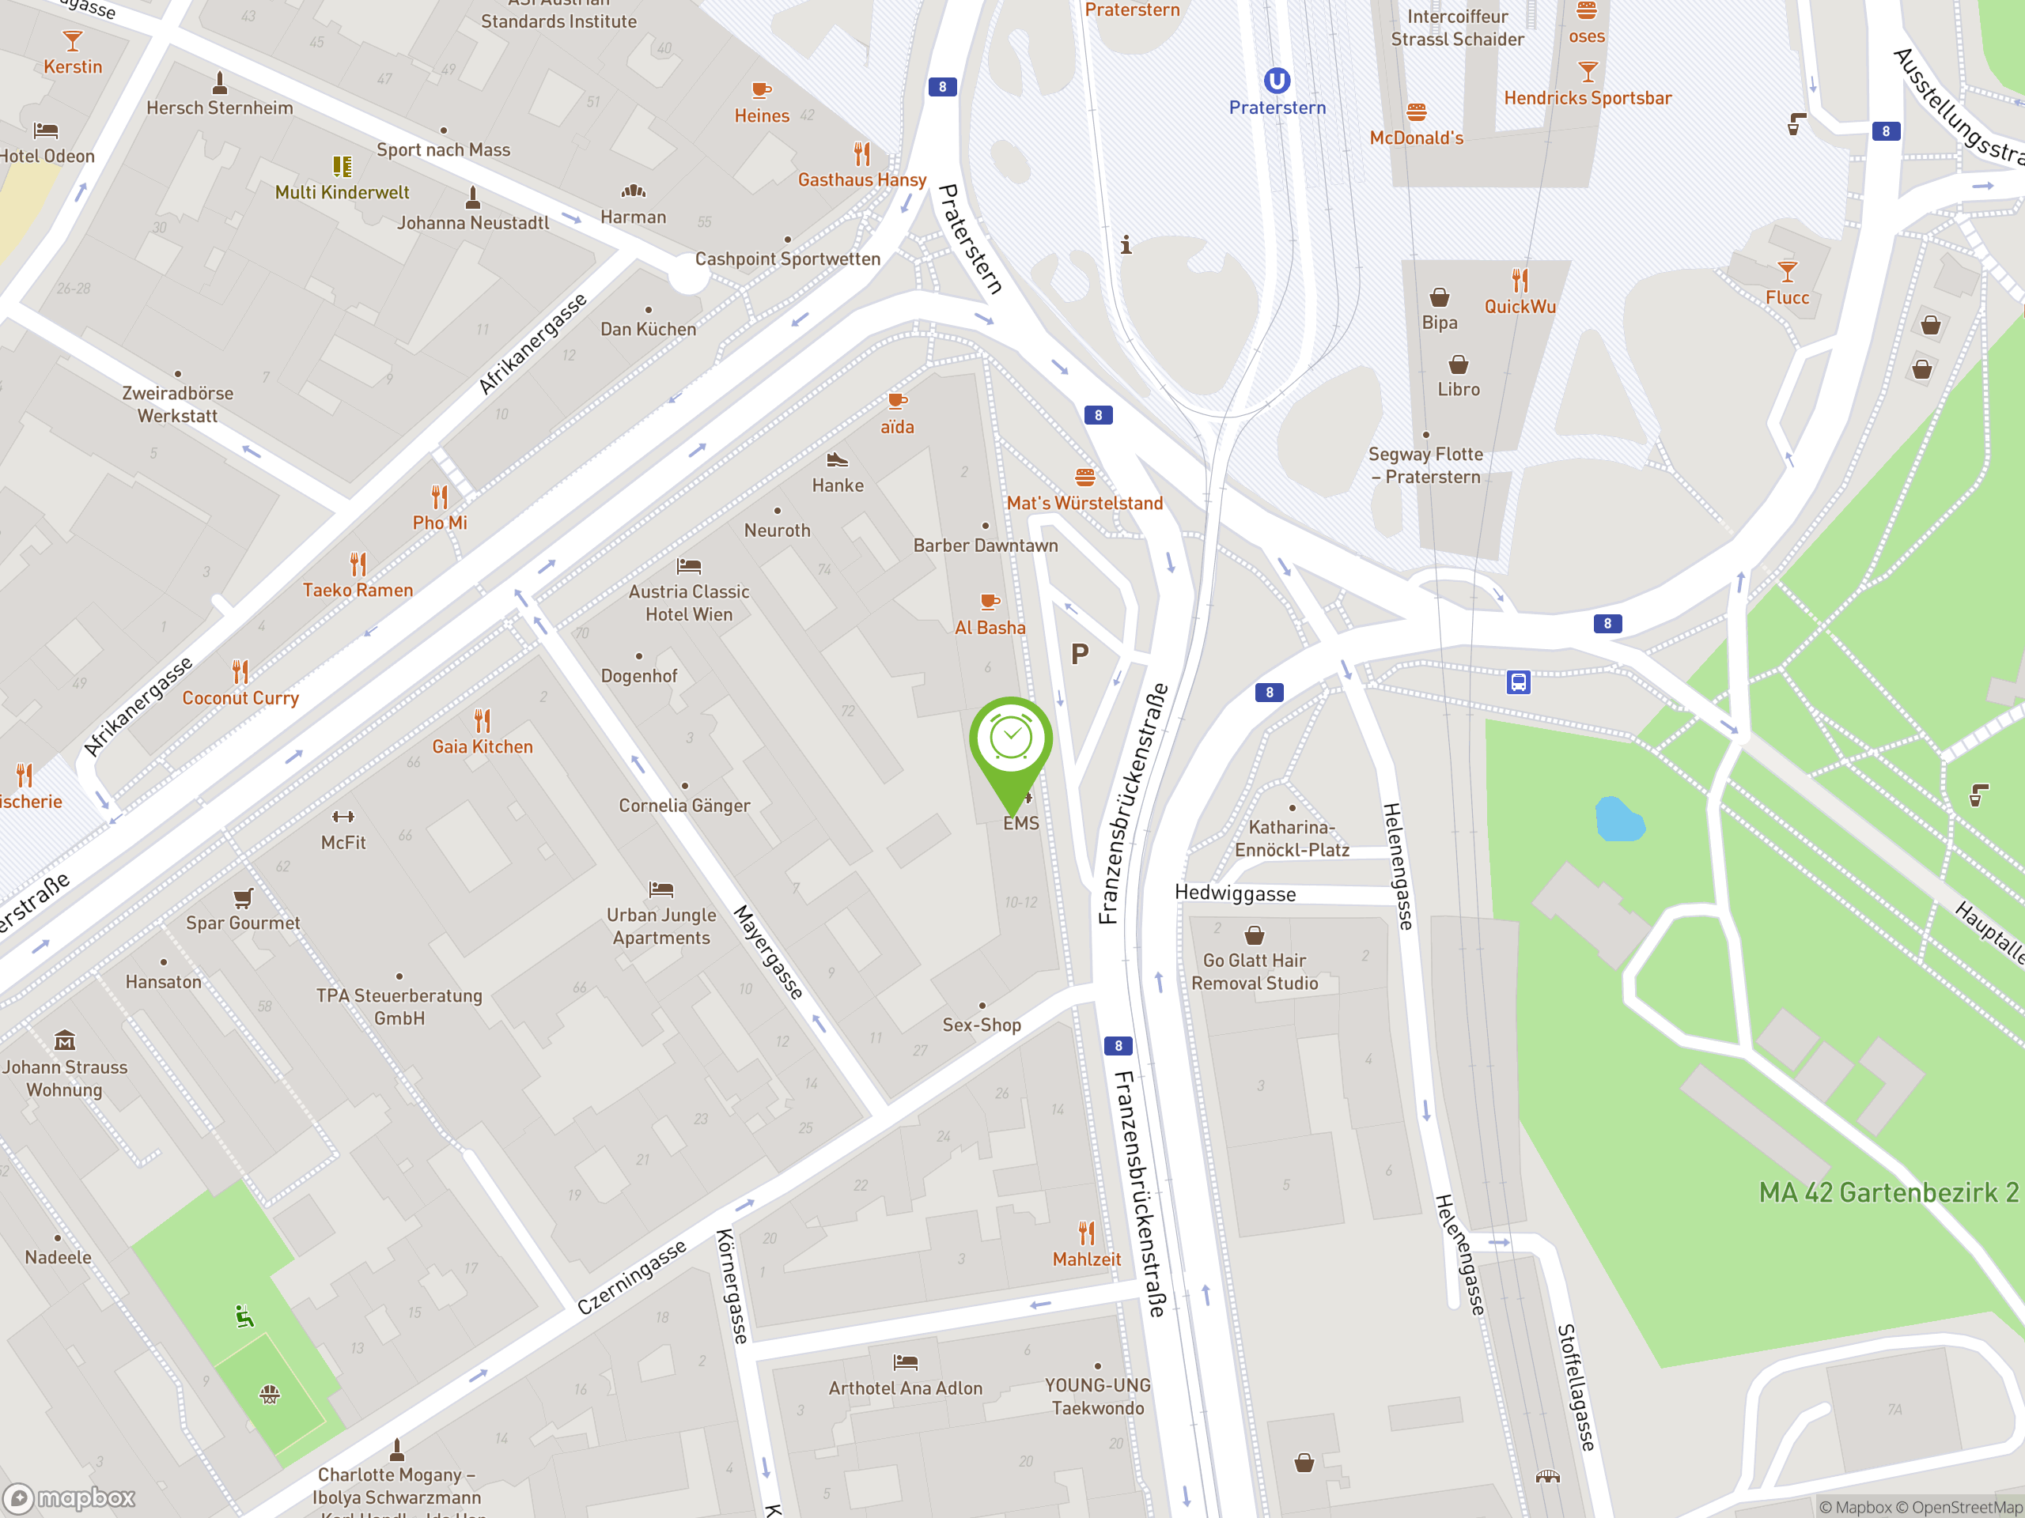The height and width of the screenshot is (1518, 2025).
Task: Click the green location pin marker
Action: [1011, 741]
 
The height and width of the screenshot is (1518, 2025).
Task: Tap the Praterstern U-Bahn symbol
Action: [1277, 81]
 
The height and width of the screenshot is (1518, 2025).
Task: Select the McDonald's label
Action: [1416, 138]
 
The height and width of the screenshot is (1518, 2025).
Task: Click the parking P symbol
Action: [1081, 654]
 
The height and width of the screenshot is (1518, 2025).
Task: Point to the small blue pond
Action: [1618, 820]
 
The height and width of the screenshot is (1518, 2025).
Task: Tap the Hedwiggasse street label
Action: [1235, 894]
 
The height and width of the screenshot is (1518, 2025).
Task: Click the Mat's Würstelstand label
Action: [1084, 504]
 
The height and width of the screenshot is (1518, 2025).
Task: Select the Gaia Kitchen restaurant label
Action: [483, 746]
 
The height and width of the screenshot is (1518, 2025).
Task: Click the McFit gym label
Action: [343, 843]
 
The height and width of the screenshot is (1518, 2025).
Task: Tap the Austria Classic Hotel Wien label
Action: [688, 603]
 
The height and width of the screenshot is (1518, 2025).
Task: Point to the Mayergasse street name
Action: [769, 953]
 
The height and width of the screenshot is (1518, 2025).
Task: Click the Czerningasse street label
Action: [632, 1278]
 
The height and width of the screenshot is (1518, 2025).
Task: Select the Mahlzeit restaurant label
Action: [1087, 1259]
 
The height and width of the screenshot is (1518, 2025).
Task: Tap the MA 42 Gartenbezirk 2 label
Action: [1887, 1193]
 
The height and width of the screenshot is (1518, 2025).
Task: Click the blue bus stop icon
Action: [1518, 682]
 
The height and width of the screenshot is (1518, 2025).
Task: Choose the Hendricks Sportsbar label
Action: [1588, 99]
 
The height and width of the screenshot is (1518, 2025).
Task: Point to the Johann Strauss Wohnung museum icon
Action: [65, 1040]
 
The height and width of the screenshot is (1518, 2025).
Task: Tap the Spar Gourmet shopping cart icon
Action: [243, 897]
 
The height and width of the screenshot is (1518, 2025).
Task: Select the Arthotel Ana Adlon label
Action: [906, 1388]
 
